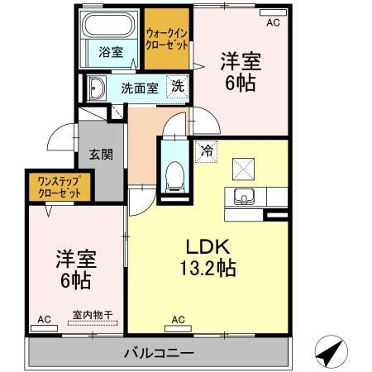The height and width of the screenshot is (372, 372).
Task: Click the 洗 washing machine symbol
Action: coord(177,85)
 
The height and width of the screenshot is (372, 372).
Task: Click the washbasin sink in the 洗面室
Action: coord(96,87)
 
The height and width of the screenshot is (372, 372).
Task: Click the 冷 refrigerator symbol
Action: coord(204,151)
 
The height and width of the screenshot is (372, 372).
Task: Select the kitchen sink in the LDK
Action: coord(244,198)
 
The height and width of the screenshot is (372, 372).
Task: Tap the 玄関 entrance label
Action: coord(101,154)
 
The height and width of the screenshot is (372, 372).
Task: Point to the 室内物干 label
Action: coord(91,313)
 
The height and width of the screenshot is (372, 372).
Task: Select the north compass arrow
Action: coord(333,353)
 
